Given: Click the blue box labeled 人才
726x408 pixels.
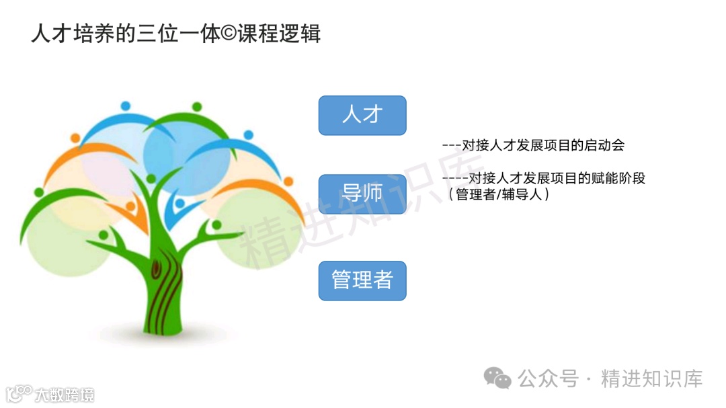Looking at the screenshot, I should [362, 115].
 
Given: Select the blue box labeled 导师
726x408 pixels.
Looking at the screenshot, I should [362, 194].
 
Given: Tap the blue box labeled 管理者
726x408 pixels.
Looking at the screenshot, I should [362, 280].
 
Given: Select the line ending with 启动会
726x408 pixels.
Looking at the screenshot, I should [534, 145].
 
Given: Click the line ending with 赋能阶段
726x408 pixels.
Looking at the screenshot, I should [544, 179].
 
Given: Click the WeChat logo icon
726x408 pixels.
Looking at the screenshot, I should [498, 378].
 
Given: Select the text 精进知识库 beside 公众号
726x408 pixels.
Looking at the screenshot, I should [651, 378].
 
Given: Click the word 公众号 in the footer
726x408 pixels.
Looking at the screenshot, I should [548, 378].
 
